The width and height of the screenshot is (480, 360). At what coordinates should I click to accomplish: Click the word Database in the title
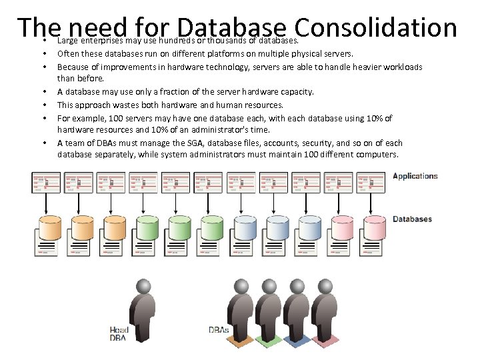coord(232,27)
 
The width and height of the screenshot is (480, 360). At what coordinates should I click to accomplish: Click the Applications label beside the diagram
coord(415,176)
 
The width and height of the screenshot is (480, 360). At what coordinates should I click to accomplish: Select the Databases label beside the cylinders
coord(412,219)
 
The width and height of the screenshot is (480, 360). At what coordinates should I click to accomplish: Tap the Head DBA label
coord(119,333)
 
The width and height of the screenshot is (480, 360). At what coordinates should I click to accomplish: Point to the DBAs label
coord(219,330)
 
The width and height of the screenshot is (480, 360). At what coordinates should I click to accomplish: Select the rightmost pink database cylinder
coord(375,228)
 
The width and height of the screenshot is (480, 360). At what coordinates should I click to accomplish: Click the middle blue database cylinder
coord(277,228)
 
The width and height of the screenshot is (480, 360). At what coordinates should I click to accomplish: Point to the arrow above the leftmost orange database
coord(45,205)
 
